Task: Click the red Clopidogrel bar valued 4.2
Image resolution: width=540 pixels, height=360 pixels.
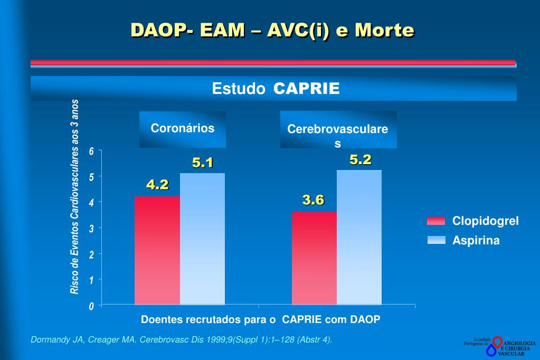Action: pos(157,250)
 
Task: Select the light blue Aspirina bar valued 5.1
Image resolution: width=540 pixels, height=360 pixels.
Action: pos(202,239)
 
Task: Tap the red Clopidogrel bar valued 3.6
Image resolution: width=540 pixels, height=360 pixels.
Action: pos(314,258)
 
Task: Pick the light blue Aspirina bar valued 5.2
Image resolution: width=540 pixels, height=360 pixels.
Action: pos(359,237)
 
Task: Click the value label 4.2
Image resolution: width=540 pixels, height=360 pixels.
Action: pos(157,185)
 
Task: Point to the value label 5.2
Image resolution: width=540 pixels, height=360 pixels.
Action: pos(361,160)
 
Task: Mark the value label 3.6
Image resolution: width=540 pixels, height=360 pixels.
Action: pos(313,200)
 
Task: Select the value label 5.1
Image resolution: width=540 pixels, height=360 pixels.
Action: pos(203,163)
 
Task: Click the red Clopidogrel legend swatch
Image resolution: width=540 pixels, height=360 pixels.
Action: pos(436,221)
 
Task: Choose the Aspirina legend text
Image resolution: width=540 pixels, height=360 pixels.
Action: pos(476,241)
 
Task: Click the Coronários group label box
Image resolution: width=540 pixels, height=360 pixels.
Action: pos(183,129)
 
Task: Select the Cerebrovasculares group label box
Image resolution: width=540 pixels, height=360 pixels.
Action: pos(338,130)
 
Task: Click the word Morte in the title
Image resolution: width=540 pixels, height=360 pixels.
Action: pos(384,30)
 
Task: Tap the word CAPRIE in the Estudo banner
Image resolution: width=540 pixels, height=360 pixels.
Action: pos(306,89)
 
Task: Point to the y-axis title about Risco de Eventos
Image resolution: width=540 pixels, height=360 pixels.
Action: pos(75,196)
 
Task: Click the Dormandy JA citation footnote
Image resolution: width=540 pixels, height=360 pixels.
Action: pos(182,339)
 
